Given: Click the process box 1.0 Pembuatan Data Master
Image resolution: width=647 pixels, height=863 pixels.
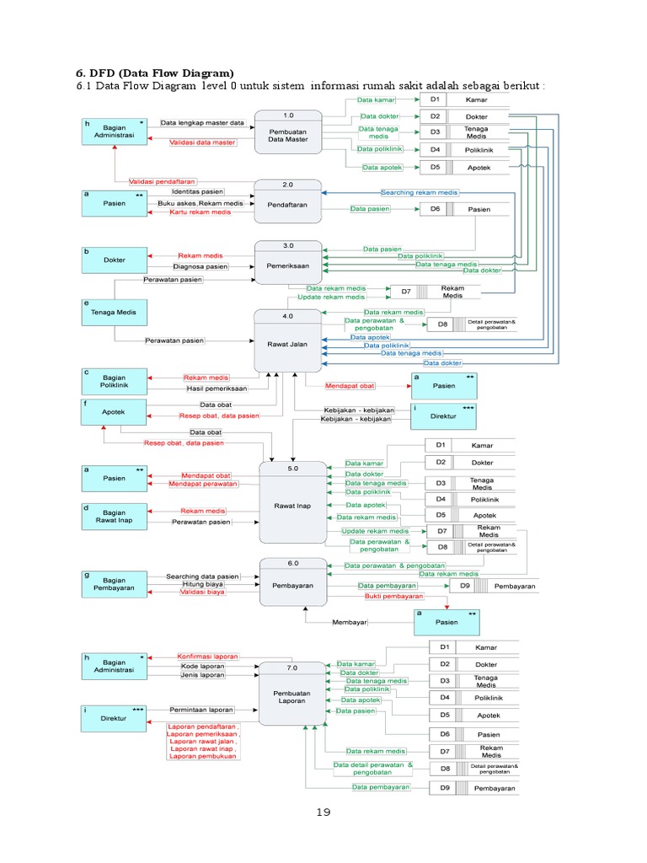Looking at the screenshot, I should (288, 131).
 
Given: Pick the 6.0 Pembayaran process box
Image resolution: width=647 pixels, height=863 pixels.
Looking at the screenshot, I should (291, 582).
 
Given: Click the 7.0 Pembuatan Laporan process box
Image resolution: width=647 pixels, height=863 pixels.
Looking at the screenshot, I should (291, 693).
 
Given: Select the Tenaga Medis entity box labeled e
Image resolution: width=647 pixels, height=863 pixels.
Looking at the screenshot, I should (114, 314).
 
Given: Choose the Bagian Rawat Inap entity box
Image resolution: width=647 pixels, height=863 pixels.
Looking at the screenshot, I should (114, 516).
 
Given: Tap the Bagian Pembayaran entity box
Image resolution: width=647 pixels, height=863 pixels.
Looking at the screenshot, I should (114, 583).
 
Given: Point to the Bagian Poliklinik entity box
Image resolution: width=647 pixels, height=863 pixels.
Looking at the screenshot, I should (114, 382).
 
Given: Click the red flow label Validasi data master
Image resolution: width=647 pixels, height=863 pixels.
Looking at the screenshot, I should (202, 142).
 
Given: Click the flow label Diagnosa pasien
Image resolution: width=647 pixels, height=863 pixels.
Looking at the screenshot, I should (201, 266).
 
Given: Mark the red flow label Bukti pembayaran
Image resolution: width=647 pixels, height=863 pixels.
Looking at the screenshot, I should (393, 596).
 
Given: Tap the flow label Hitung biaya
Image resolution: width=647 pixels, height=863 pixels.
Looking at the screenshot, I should (202, 584).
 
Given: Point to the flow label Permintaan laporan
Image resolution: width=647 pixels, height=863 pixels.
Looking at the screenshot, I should (202, 710).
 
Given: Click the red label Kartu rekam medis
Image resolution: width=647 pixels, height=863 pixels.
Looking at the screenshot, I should (201, 212).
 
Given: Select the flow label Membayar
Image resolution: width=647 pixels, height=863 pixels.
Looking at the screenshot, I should (350, 623).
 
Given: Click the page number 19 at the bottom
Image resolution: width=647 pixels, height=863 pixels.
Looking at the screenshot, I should (323, 812).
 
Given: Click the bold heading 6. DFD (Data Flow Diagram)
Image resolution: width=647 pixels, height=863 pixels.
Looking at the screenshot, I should (156, 72).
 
